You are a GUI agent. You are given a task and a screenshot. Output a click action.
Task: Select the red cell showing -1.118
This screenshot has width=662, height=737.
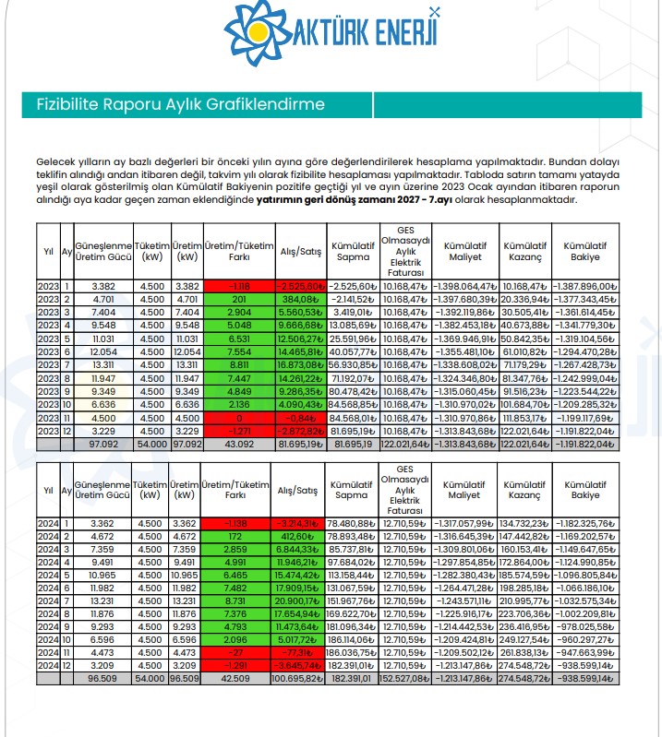pos(240,285)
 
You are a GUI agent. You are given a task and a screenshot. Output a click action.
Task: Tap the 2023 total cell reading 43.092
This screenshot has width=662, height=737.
pos(240,445)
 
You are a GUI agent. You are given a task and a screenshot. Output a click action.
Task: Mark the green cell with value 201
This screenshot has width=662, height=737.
pos(240,299)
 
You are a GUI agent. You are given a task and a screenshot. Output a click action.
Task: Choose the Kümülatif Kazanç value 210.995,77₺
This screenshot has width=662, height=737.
pos(525,600)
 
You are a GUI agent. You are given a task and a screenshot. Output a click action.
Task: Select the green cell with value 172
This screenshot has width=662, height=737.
pos(240,534)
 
